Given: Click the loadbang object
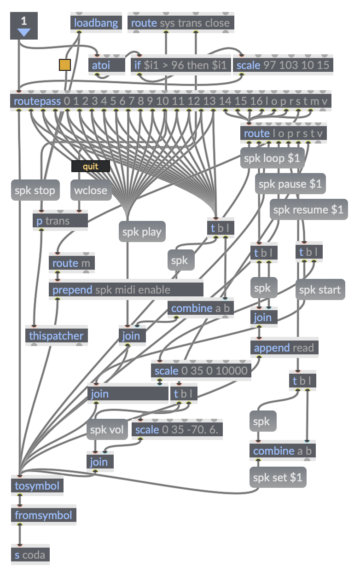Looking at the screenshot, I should pos(96,23).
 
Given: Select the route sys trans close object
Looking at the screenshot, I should pos(180,23).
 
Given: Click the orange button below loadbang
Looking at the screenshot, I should pos(65,65).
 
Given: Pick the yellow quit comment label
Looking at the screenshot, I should pos(91,166).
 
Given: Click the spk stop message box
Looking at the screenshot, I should pos(35,190).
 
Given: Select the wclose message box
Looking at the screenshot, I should pos(91,190).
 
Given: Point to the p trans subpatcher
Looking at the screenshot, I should pos(60,221).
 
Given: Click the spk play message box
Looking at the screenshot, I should pos(142,232).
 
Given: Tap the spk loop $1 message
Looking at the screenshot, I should pos(272,159).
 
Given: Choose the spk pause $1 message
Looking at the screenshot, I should pos(290,185).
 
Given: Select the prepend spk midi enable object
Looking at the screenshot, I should pos(126,290).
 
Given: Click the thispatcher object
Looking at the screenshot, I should pos(56,336).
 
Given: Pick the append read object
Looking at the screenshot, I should pos(284,348).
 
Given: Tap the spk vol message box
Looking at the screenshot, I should pos(107,430).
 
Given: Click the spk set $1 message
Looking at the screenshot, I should pos(278,477).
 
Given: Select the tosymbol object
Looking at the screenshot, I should pos(37,486).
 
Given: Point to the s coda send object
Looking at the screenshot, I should pos(30,555).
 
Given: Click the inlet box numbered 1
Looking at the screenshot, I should pos(23,25).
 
